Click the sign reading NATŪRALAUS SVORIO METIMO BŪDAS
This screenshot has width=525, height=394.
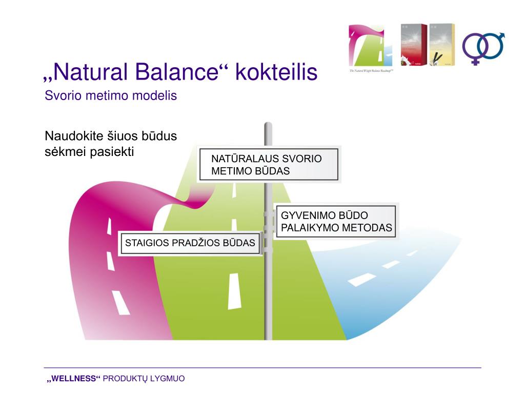tap(268, 165)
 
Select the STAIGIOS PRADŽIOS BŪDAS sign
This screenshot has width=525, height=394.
tap(190, 243)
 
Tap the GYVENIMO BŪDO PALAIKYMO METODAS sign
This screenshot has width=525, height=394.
tap(336, 222)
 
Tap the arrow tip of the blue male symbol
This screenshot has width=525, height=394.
tap(501, 35)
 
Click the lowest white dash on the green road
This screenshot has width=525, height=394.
tap(234, 291)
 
